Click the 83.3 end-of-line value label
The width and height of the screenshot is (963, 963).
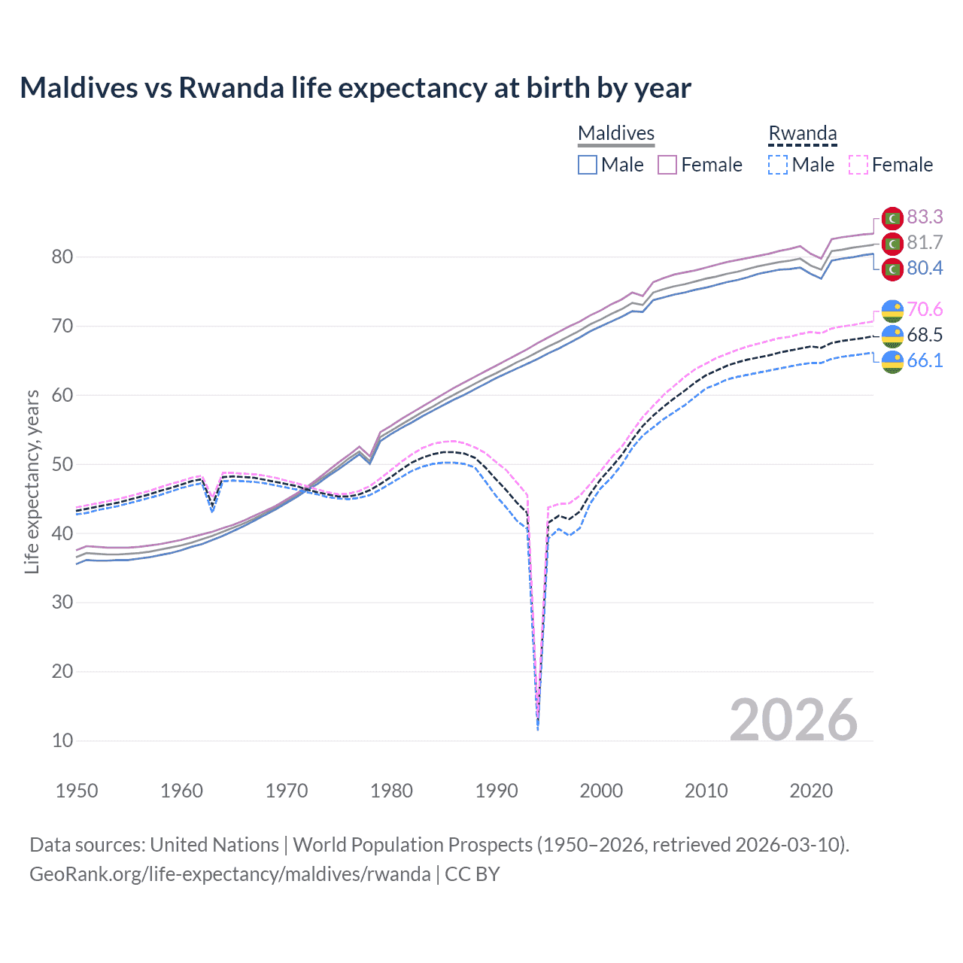point(925,217)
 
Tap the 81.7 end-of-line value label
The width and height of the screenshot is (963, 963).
point(925,242)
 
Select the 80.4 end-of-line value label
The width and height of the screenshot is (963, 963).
point(925,268)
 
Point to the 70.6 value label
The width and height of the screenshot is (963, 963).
point(925,309)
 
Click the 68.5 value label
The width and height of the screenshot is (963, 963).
point(925,335)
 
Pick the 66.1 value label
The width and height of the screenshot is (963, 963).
point(925,360)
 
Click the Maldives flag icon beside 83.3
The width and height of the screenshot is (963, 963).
point(892,217)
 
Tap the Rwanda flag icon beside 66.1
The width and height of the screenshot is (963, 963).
point(892,361)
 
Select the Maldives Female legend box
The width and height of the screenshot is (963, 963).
point(667,165)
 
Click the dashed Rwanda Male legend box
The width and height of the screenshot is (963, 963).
point(778,165)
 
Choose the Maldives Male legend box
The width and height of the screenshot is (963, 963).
point(588,165)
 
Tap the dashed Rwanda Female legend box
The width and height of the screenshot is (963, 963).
point(858,165)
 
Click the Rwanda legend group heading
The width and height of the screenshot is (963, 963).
point(802,133)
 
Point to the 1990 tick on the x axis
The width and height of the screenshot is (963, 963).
point(497,791)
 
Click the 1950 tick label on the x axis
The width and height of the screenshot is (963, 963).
point(77,791)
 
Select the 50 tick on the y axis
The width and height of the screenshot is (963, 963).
point(62,464)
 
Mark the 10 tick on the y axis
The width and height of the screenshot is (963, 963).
point(62,740)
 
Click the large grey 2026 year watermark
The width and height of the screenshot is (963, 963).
point(793,720)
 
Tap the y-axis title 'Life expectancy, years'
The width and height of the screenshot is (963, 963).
point(32,481)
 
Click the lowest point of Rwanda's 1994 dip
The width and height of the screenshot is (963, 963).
point(537,729)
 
